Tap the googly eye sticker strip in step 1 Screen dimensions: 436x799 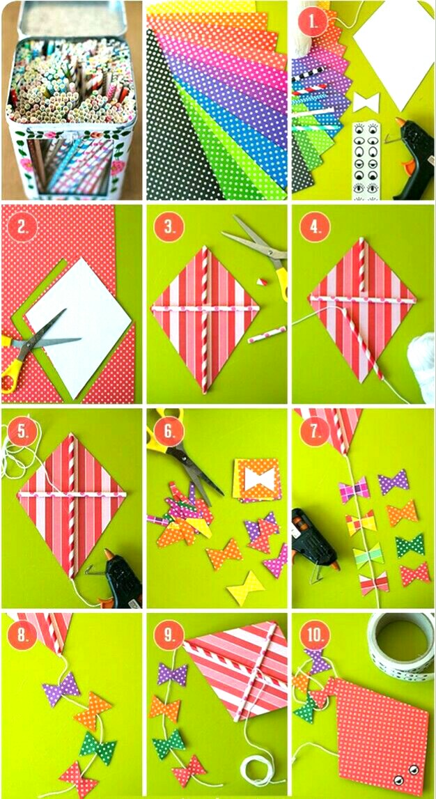click(366, 161)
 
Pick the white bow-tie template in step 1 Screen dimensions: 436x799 click(366, 102)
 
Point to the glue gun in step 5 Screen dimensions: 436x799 click(120, 579)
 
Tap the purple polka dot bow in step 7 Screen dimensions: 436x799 click(394, 481)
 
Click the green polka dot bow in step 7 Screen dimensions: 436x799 click(410, 545)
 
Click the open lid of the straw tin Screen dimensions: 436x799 click(72, 20)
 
